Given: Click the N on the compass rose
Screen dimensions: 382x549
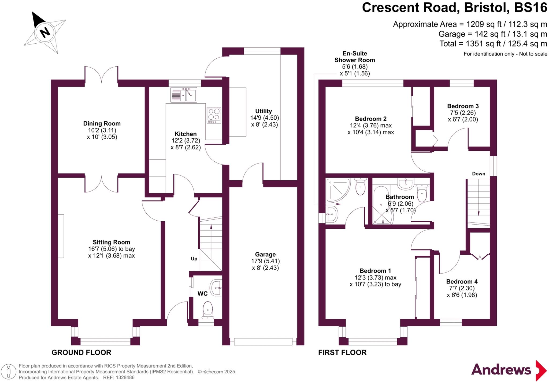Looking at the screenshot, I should click(45, 32).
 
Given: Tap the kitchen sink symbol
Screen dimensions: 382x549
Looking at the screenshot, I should click(184, 94).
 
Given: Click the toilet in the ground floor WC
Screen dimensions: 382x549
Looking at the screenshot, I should click(208, 310).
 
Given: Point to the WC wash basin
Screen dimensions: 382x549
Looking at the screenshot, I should click(216, 288).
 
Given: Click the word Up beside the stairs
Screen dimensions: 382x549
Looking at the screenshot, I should click(194, 259).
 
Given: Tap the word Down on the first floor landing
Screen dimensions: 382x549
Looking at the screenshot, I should click(478, 174).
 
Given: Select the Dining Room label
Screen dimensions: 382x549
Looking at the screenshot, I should click(102, 124).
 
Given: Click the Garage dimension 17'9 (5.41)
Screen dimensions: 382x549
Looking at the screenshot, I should click(265, 261).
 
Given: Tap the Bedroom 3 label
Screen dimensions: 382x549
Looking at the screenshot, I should click(463, 106).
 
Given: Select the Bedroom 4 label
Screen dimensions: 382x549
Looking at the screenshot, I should click(462, 282).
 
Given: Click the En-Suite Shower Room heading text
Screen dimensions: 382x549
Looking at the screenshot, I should click(354, 57).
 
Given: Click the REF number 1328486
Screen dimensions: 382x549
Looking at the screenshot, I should click(125, 378).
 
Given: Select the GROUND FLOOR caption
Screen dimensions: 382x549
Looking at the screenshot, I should click(81, 353).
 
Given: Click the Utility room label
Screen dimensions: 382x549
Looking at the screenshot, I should click(263, 111).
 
